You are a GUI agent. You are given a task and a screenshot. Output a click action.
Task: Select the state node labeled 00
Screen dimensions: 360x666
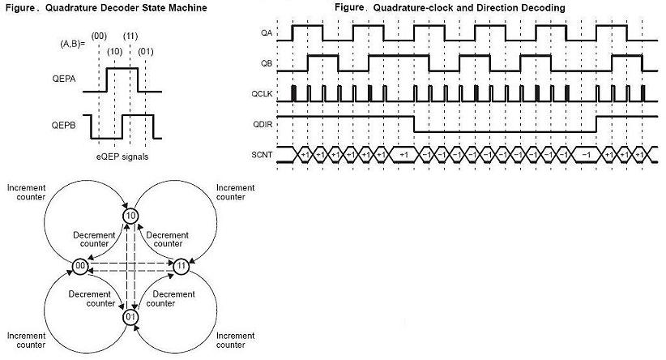(x=80, y=266)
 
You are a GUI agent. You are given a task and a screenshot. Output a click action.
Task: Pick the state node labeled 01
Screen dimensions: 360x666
(x=130, y=315)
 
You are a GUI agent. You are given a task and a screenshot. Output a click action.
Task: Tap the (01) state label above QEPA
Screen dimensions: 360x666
(x=146, y=51)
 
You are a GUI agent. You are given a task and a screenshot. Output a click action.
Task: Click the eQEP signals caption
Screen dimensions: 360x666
(x=122, y=155)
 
